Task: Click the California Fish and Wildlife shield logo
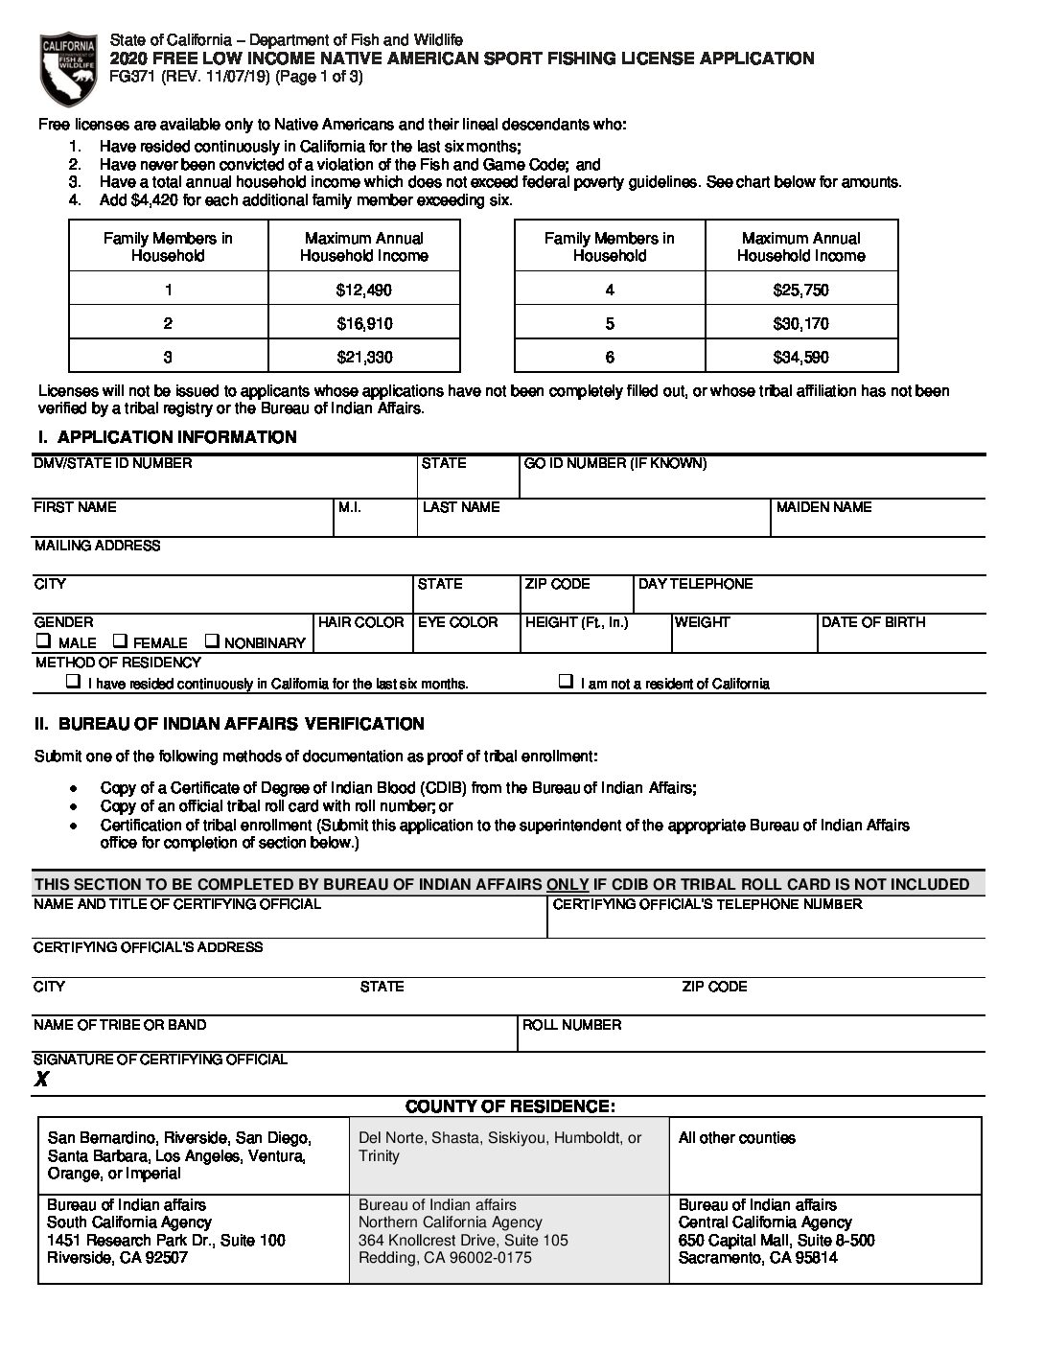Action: point(67,68)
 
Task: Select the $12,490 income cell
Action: point(364,290)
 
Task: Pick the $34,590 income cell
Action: point(800,357)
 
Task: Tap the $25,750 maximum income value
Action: point(800,290)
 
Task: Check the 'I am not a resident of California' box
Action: point(566,682)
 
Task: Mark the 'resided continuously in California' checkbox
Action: point(73,682)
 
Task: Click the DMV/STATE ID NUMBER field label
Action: point(112,463)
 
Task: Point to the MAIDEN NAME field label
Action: point(823,507)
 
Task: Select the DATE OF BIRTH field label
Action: point(873,622)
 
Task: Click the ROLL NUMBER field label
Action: point(571,1025)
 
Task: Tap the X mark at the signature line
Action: point(41,1080)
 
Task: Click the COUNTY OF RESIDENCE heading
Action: point(509,1106)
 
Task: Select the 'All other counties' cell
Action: point(736,1138)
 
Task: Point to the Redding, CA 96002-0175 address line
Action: point(445,1257)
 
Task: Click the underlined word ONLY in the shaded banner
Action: point(568,884)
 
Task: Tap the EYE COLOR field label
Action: point(458,622)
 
